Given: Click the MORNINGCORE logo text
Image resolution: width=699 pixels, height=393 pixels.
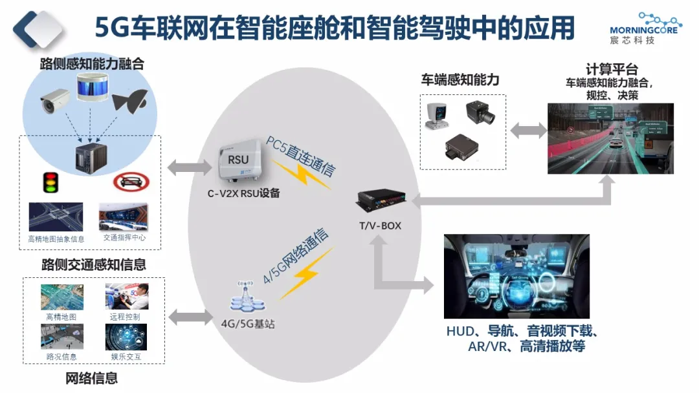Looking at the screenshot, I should pos(643,29).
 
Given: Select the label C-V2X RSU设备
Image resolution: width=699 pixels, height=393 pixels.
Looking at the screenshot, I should pos(243,192).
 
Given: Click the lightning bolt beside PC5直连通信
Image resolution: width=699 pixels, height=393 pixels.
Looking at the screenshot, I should pos(303,173).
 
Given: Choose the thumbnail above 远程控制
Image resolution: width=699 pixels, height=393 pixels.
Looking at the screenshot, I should pos(127,296).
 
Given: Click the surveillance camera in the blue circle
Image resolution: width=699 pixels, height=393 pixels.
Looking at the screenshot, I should pos(54,98).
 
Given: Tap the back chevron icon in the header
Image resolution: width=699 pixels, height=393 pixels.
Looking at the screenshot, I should pos(39,27).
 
